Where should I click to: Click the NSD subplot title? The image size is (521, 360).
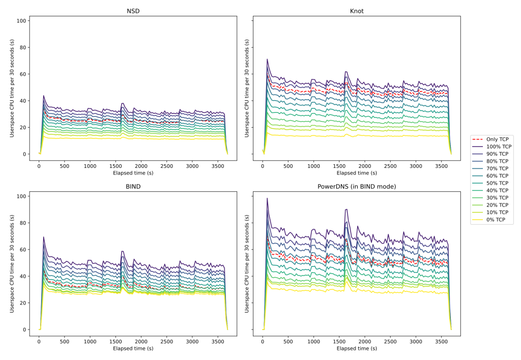[133, 11]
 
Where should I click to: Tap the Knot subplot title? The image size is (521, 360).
[356, 11]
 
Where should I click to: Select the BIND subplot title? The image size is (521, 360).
[133, 186]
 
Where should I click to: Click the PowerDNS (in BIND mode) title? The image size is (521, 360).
[356, 186]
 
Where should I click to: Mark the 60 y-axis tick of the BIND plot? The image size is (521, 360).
[22, 250]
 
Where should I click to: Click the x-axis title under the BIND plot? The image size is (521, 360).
[133, 348]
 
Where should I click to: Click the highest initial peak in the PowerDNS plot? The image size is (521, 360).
[267, 198]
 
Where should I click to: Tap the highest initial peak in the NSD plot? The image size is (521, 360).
[44, 96]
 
